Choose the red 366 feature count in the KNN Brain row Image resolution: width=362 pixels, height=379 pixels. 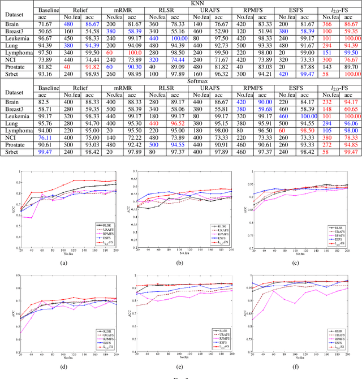[x=326, y=25]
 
